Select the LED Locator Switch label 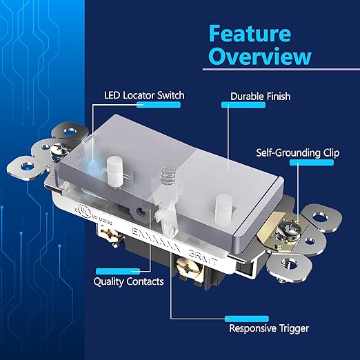tap(143, 94)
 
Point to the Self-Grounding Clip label tap(299, 152)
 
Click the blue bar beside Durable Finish tap(235, 105)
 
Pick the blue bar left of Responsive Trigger tap(243, 319)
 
